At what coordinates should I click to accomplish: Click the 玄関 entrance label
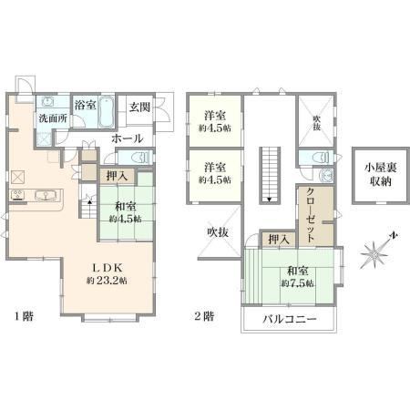click(x=139, y=107)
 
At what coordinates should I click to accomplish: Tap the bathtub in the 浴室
click(x=106, y=112)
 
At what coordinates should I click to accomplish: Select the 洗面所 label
click(x=53, y=118)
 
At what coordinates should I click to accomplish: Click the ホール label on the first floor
click(x=128, y=138)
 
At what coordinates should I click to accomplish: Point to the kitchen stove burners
click(x=18, y=195)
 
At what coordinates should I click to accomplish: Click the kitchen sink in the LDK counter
click(x=46, y=195)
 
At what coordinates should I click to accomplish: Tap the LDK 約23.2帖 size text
click(x=107, y=281)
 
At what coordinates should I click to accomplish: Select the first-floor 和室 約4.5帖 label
click(x=125, y=212)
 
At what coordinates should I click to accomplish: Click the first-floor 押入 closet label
click(x=117, y=176)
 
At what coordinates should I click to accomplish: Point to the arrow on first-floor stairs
click(x=89, y=201)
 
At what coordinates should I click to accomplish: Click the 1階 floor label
click(x=24, y=317)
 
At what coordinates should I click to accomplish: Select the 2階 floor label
click(x=204, y=316)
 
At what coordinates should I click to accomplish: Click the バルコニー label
click(x=290, y=320)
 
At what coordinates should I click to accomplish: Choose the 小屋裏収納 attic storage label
click(x=380, y=175)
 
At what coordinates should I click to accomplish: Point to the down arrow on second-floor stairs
click(x=270, y=200)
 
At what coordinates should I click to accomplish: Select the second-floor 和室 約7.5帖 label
click(x=298, y=277)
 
